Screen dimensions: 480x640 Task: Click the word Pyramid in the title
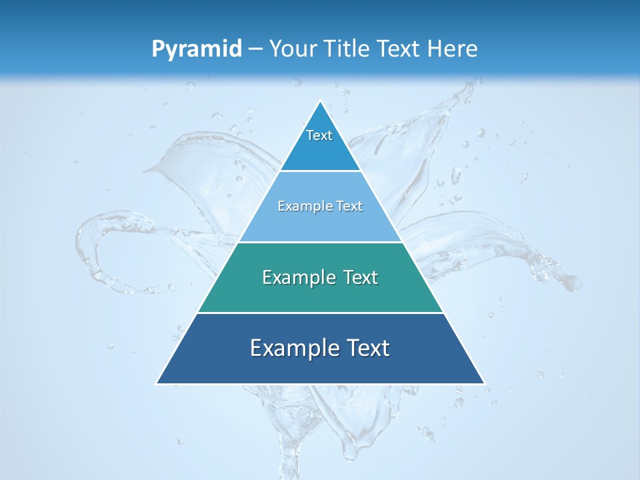click(x=197, y=49)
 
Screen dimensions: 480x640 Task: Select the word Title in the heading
click(x=349, y=49)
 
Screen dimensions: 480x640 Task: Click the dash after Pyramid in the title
click(x=255, y=49)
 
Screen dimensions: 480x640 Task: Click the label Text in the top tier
click(x=319, y=135)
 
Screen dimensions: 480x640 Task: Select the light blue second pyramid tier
click(x=320, y=223)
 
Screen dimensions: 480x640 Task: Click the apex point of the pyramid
click(x=320, y=101)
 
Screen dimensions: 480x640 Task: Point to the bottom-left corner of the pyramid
click(x=157, y=383)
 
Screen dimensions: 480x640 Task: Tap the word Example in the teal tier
click(x=297, y=277)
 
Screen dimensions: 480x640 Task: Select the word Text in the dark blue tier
click(x=368, y=348)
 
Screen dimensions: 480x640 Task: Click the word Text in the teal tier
click(x=360, y=277)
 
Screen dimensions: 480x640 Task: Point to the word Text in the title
click(x=399, y=49)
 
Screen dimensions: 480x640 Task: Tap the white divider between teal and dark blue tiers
click(x=320, y=313)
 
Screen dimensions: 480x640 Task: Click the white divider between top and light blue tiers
click(x=320, y=171)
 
